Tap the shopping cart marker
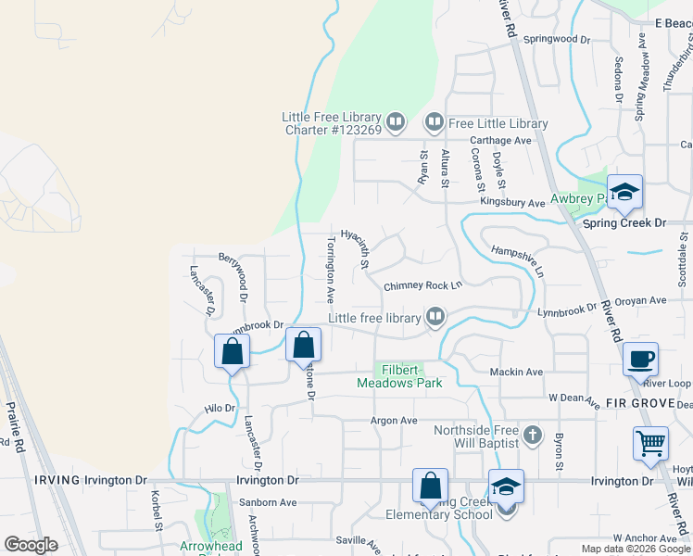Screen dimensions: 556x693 click(x=650, y=443)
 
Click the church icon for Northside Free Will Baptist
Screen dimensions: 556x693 click(x=532, y=434)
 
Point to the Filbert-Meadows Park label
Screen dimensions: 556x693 click(x=400, y=375)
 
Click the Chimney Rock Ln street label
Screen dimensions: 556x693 click(x=422, y=285)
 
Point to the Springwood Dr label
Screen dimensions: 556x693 click(x=557, y=40)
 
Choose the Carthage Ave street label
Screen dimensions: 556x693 click(x=500, y=140)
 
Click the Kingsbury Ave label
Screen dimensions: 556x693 click(x=512, y=202)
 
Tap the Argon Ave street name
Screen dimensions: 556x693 click(x=395, y=420)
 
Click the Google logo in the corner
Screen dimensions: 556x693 click(x=31, y=545)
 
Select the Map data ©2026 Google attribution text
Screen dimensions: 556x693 click(x=635, y=549)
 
